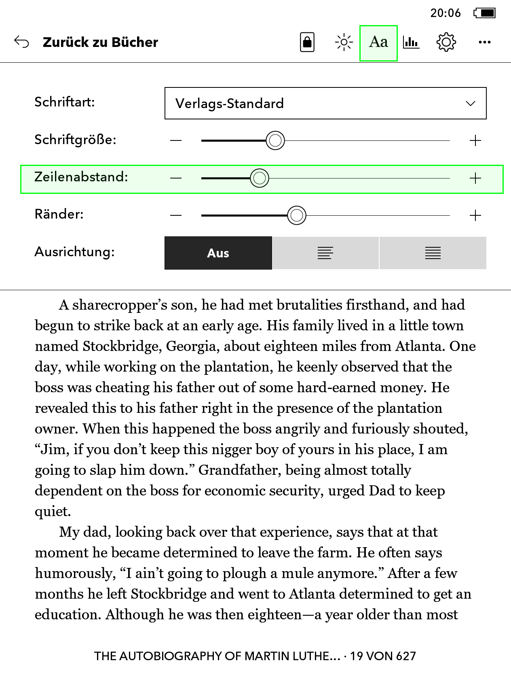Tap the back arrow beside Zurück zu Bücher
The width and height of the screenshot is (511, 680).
tap(21, 42)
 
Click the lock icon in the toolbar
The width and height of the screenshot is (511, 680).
tap(307, 42)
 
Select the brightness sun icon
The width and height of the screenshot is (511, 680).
tap(344, 42)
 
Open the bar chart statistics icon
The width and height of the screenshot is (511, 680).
tap(411, 42)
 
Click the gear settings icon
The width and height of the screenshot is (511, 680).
tap(446, 42)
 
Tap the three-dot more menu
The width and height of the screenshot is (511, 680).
tap(484, 42)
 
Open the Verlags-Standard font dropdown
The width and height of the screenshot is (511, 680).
tap(325, 103)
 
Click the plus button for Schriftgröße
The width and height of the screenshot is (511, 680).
tap(475, 140)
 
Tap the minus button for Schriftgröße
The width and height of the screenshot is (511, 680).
tap(176, 140)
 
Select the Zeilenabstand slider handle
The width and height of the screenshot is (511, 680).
tap(260, 178)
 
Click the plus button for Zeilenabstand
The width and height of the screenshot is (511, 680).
tap(475, 178)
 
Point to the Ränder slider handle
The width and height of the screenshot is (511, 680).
tap(297, 215)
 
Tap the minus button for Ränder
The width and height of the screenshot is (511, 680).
tap(176, 215)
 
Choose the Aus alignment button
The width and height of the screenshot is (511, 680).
tap(218, 253)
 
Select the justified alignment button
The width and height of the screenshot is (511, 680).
tap(433, 253)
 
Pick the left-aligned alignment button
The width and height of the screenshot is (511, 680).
tap(325, 253)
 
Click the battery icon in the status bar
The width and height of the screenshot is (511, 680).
tap(485, 13)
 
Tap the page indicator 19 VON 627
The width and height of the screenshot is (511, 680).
tap(383, 656)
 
